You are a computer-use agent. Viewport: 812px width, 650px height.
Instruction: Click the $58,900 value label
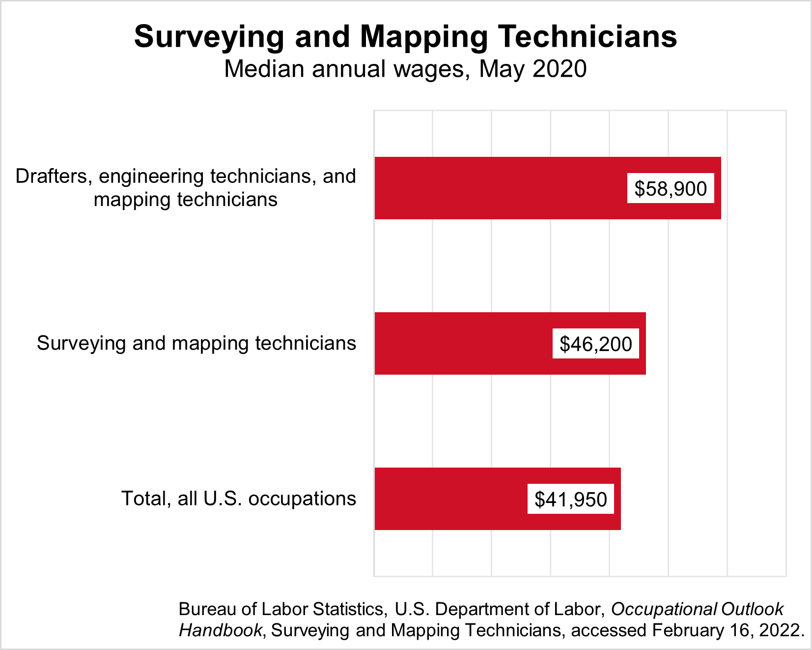pyautogui.click(x=670, y=188)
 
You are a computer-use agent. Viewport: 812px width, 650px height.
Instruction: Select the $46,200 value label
pyautogui.click(x=595, y=344)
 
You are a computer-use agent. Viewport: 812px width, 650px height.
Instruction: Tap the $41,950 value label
pyautogui.click(x=570, y=499)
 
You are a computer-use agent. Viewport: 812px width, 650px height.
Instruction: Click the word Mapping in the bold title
pyautogui.click(x=424, y=36)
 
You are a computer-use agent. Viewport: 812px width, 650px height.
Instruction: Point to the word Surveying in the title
pyautogui.click(x=209, y=36)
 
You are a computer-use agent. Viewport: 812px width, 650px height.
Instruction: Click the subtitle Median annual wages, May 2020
pyautogui.click(x=405, y=69)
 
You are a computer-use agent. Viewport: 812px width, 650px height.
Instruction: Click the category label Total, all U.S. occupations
pyautogui.click(x=238, y=499)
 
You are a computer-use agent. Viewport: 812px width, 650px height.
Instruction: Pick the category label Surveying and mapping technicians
pyautogui.click(x=196, y=343)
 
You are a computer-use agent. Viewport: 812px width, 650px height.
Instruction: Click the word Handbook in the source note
pyautogui.click(x=220, y=630)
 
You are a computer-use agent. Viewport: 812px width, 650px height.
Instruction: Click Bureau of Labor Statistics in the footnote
pyautogui.click(x=280, y=609)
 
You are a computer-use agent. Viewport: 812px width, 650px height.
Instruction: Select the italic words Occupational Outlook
pyautogui.click(x=697, y=609)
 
